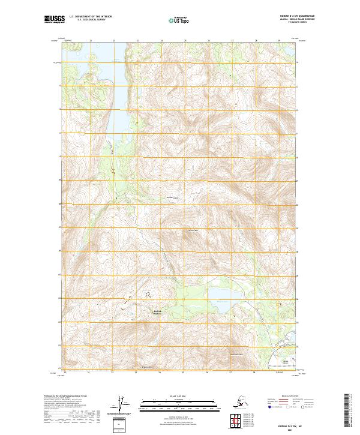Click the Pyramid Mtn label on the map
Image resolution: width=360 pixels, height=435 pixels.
click(192, 231)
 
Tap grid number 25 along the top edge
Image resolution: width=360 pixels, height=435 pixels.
click(185, 40)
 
